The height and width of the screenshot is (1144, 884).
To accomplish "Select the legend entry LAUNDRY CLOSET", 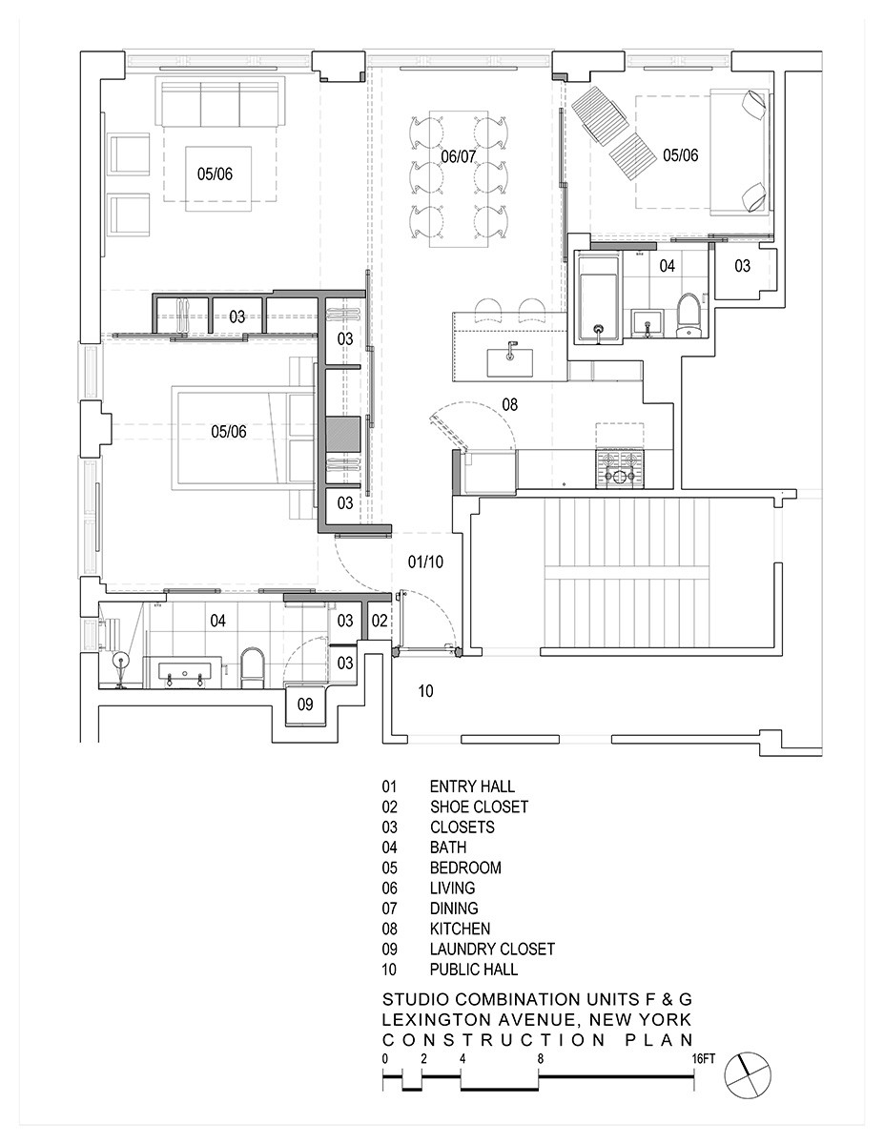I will tap(491, 949).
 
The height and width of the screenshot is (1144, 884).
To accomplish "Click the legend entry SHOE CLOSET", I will tap(478, 807).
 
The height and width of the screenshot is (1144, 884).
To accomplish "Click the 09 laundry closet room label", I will tap(305, 705).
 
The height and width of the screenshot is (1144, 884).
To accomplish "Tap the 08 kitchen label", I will tap(510, 405).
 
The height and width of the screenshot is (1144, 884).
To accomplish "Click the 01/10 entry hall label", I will tap(424, 562).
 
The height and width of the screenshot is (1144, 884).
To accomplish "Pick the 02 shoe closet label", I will tap(380, 621).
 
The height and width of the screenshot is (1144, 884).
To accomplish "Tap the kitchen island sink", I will tap(510, 360).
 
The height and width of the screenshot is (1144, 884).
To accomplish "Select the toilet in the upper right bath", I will tap(688, 317).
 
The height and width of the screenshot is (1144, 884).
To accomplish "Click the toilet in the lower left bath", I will tap(252, 668).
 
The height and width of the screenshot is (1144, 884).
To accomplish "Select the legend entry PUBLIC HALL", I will tap(473, 970).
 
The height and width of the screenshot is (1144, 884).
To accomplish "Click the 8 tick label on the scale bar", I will tap(540, 1058).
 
